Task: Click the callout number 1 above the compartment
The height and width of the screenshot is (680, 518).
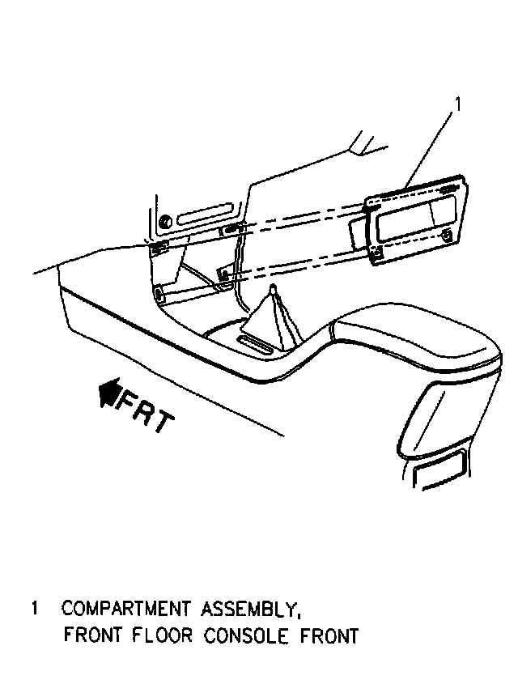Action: click(x=458, y=104)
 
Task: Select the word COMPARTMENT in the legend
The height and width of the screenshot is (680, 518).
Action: click(x=125, y=608)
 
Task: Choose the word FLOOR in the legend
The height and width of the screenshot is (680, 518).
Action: click(x=168, y=635)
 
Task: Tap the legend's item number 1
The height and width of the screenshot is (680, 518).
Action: click(x=34, y=608)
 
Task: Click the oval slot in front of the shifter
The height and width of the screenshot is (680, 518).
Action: click(x=257, y=347)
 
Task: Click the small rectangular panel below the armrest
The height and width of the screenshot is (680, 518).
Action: click(x=440, y=469)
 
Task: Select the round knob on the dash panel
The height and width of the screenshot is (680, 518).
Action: click(x=164, y=222)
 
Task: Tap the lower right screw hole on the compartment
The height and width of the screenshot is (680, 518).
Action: click(x=448, y=236)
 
